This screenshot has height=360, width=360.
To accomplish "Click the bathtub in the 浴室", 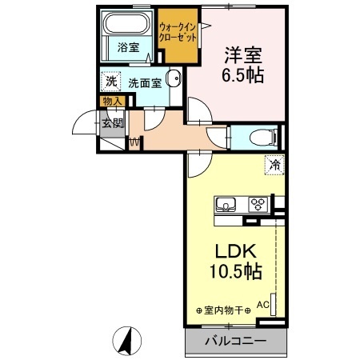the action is click(126, 23).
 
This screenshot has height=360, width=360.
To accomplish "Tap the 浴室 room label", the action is click(128, 47).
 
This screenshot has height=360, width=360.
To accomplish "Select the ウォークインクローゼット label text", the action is click(178, 33).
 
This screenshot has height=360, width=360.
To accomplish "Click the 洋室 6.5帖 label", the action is click(242, 65).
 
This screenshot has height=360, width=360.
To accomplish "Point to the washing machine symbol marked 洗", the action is click(111, 82).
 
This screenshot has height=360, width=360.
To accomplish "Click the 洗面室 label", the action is click(145, 83).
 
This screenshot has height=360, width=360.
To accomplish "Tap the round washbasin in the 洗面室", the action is click(174, 78).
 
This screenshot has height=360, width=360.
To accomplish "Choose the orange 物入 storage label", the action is click(113, 101).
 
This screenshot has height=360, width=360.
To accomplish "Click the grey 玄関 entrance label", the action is click(113, 123).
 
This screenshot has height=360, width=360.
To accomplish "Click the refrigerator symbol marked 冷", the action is click(274, 165).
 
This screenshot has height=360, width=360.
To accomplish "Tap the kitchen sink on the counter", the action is click(226, 205).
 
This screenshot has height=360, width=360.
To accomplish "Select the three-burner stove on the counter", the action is click(258, 204).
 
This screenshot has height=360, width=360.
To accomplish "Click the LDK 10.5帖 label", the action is click(236, 262).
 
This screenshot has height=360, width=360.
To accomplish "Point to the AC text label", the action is click(263, 305).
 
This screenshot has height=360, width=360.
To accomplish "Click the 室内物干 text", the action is click(223, 310).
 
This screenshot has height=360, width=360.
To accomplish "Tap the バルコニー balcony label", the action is click(236, 341).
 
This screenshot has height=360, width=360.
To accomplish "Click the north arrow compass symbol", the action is click(127, 341).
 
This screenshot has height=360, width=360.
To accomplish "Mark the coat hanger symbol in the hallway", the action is click(134, 142).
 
